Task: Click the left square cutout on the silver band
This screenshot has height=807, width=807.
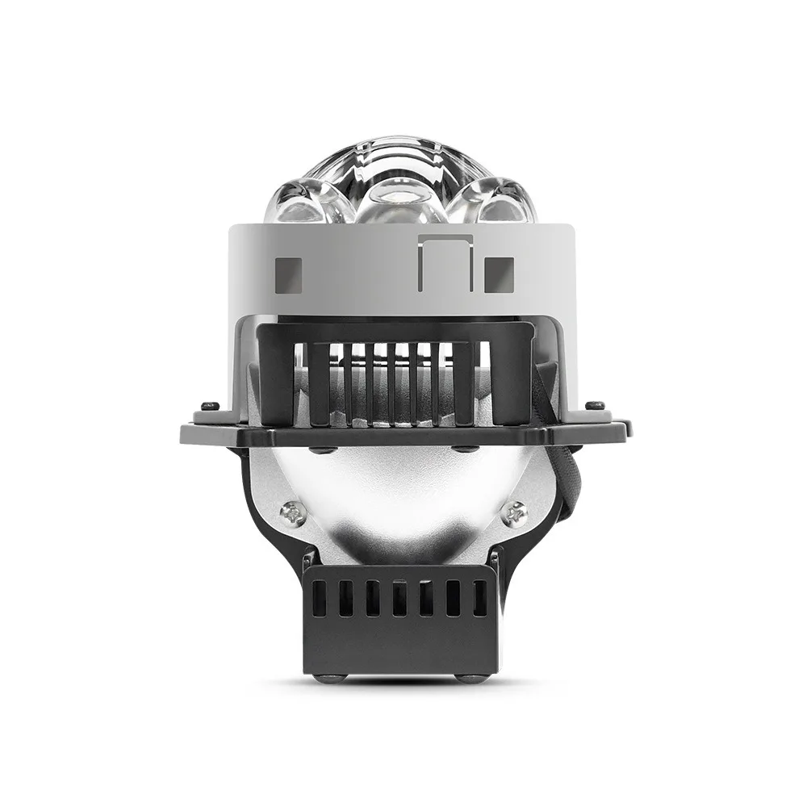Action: pyautogui.click(x=288, y=274)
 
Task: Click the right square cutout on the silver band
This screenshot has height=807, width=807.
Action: pyautogui.click(x=499, y=274)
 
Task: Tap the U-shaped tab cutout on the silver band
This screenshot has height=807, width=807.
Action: pyautogui.click(x=445, y=262)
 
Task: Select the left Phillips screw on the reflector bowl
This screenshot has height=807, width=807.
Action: pyautogui.click(x=292, y=512)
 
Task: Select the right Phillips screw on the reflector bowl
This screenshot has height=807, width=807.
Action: pyautogui.click(x=513, y=512)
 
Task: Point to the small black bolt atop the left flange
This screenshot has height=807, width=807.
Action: pyautogui.click(x=210, y=404)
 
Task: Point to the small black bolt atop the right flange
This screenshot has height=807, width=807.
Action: pyautogui.click(x=595, y=404)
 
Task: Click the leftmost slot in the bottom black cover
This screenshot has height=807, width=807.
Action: pyautogui.click(x=320, y=597)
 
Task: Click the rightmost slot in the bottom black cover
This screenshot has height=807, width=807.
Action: pyautogui.click(x=480, y=597)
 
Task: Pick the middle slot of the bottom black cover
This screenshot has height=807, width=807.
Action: pyautogui.click(x=399, y=598)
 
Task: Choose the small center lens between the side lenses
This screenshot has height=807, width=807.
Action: pyautogui.click(x=401, y=198)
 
